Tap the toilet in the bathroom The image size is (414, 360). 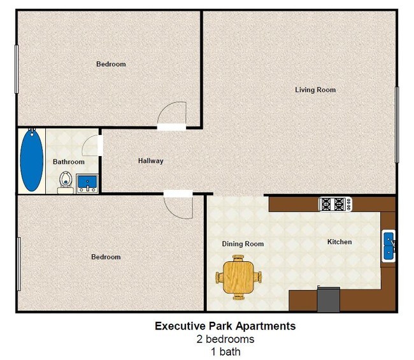pyautogui.click(x=65, y=182)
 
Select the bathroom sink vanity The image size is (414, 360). pyautogui.click(x=87, y=184)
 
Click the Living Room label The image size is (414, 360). pyautogui.click(x=315, y=90)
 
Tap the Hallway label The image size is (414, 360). pyautogui.click(x=150, y=161)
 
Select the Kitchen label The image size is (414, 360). pyautogui.click(x=339, y=242)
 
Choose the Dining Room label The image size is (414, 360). pyautogui.click(x=243, y=244)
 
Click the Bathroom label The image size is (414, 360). pyautogui.click(x=68, y=162)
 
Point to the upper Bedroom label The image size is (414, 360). pyautogui.click(x=111, y=64)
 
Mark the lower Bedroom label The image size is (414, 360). pyautogui.click(x=106, y=257)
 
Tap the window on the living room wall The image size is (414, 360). pyautogui.click(x=397, y=124)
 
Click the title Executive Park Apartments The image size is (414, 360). pyautogui.click(x=225, y=326)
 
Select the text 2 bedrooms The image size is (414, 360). pyautogui.click(x=225, y=339)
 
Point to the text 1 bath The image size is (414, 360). pyautogui.click(x=225, y=351)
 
